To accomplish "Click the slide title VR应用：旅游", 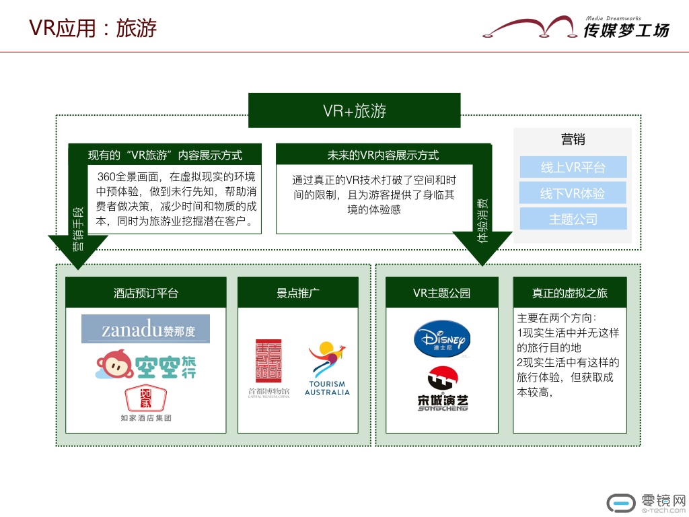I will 93,28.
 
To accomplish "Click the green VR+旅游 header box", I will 354,110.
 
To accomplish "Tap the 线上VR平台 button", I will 573,168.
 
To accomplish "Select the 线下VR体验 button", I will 573,193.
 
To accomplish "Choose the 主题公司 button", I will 573,219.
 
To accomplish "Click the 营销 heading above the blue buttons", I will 573,139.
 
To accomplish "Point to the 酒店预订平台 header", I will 146,293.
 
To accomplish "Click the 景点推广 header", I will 298,293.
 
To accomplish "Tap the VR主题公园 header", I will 441,293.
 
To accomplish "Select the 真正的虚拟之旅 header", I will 569,293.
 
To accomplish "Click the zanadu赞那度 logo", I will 145,329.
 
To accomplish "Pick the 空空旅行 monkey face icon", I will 113,366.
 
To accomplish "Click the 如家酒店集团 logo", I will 146,403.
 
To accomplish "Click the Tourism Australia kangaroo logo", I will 327,369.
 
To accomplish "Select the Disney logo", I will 441,339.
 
